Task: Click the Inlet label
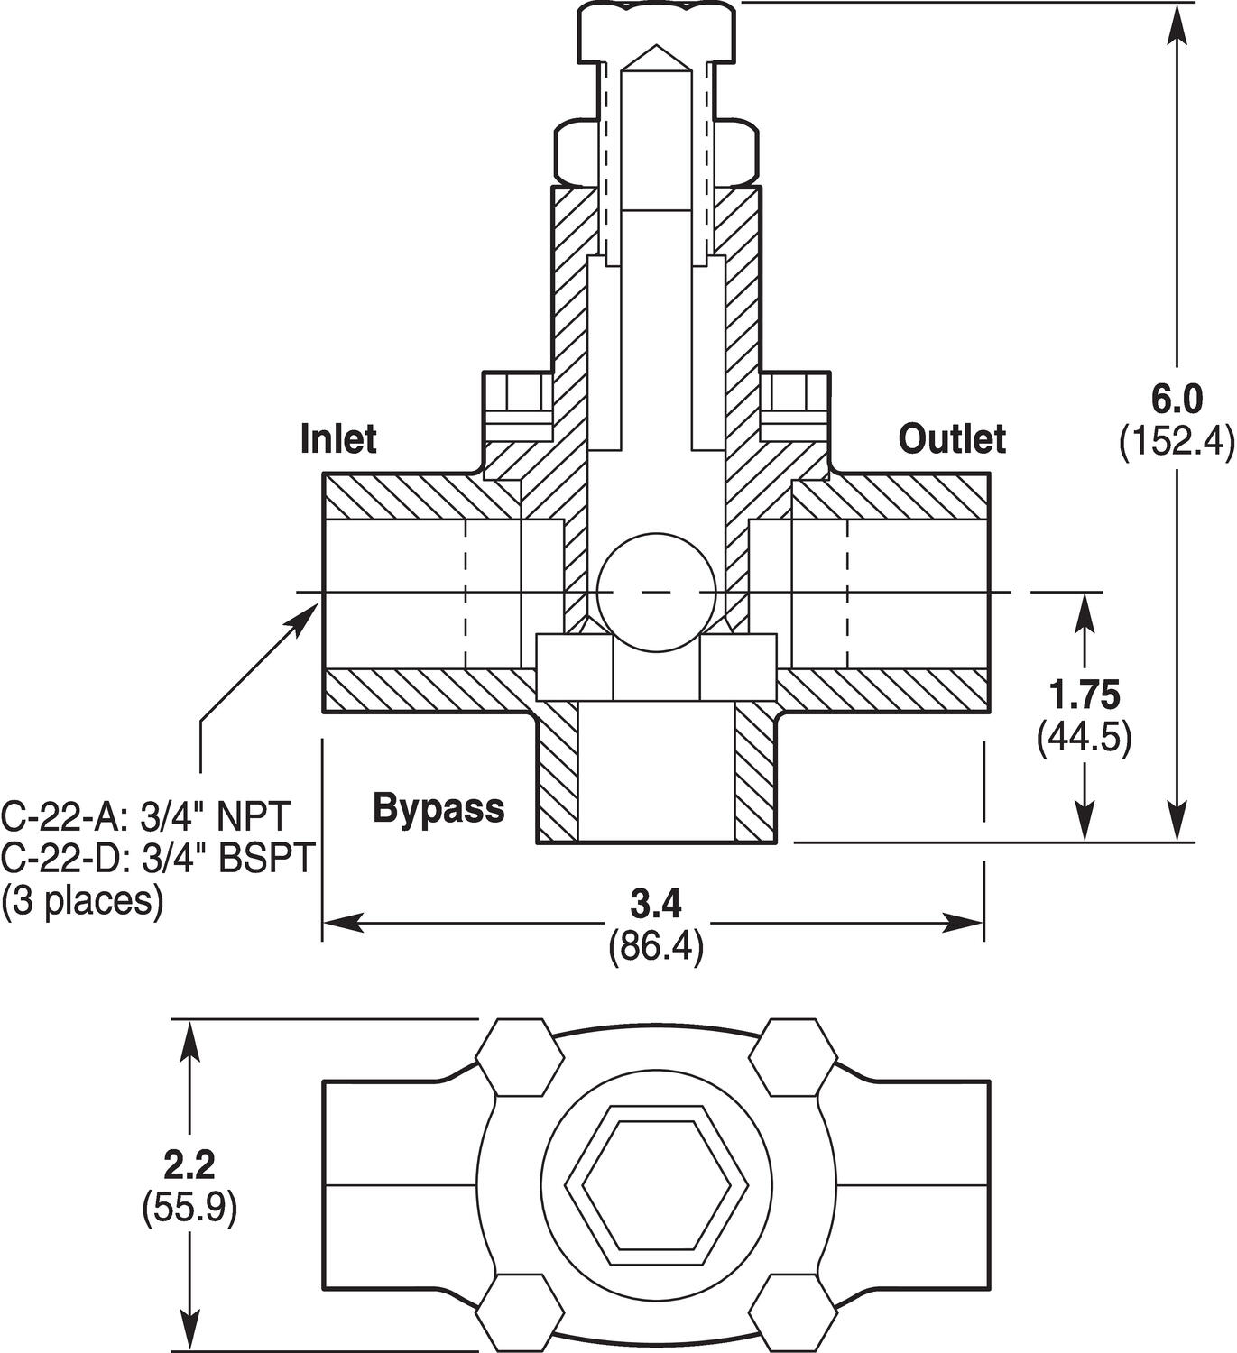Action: pos(337,438)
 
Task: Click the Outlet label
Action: pos(951,438)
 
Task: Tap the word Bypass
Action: pos(438,808)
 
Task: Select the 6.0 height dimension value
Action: pos(1177,398)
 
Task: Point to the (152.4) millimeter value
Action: pos(1176,442)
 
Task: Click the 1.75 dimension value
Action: pos(1085,695)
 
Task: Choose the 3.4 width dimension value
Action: pos(656,903)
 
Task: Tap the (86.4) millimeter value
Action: pos(656,946)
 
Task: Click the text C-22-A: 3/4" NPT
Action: pos(146,816)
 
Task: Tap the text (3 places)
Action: pos(83,900)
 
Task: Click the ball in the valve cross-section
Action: pos(656,591)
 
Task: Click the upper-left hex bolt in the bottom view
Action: pos(517,1056)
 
